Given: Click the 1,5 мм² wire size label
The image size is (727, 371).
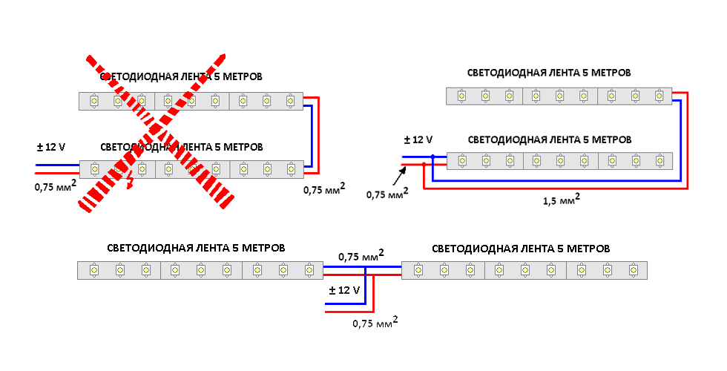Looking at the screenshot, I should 561,200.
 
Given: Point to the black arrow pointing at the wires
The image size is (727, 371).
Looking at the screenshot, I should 401,175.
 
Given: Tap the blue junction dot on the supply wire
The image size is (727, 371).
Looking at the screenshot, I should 433,157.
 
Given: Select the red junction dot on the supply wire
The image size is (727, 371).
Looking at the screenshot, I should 424,164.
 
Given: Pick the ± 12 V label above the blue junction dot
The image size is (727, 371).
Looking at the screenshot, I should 418,139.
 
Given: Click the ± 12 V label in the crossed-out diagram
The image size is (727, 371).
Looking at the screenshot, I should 50,147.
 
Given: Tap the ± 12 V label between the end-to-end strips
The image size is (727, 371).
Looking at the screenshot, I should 344,290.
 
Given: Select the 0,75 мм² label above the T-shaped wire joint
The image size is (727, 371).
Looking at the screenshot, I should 361,257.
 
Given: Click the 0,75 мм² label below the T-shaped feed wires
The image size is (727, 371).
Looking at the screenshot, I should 375,323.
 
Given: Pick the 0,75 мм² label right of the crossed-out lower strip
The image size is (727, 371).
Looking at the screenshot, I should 323,189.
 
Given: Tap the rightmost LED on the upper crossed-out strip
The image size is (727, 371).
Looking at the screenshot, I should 290,100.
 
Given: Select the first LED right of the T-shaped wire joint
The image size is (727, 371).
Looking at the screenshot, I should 418,270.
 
